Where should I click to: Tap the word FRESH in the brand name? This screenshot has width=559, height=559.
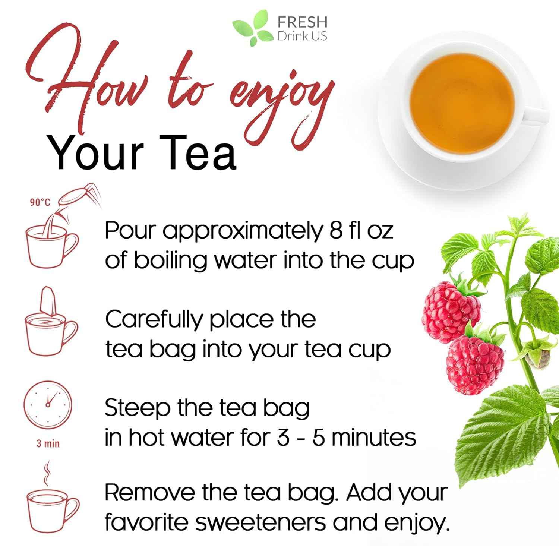point(302,22)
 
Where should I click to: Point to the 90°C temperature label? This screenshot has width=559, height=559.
point(40,202)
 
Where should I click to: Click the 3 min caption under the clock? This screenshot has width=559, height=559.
point(48,443)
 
